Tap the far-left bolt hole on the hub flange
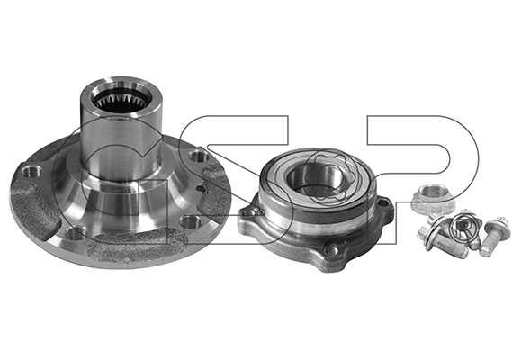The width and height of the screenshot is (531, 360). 31,171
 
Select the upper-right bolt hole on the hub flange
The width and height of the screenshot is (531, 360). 198,156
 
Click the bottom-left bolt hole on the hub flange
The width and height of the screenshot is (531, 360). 76,233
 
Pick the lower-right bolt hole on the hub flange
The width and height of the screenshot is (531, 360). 190,221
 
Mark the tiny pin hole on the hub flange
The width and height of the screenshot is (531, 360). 201,188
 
